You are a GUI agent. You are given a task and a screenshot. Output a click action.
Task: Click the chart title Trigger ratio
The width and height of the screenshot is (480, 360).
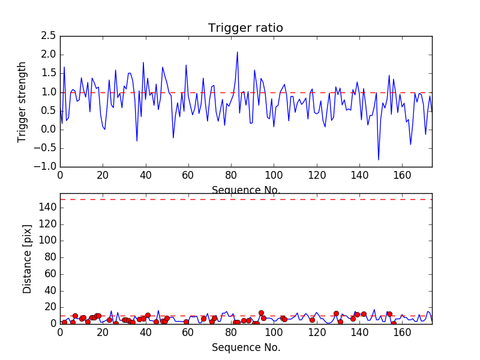245,28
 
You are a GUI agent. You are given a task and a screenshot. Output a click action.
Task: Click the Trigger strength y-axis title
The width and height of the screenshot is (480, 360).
23,101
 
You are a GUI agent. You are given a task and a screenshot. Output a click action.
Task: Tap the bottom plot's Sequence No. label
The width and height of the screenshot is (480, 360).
246,347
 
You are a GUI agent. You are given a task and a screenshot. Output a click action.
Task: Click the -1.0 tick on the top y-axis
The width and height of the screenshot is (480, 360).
46,166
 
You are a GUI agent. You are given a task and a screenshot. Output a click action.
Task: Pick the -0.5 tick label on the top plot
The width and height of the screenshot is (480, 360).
46,148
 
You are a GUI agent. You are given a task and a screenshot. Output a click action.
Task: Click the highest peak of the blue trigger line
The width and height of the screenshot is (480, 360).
238,52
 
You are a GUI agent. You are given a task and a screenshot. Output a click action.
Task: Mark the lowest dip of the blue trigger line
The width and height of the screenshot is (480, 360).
379,160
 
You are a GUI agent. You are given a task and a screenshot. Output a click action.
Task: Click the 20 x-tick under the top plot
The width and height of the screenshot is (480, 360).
103,175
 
